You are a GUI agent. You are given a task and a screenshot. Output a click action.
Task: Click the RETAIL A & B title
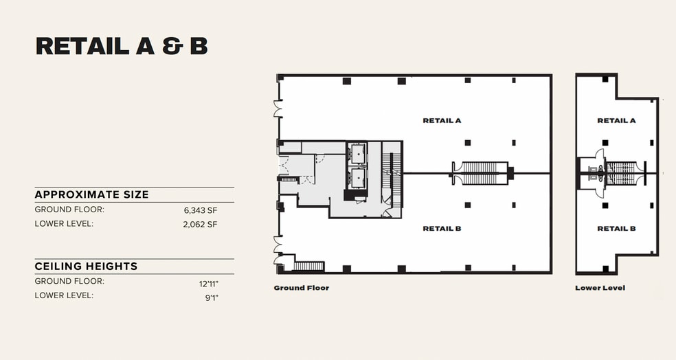point(122,46)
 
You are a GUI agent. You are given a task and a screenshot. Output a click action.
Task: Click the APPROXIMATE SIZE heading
point(91,194)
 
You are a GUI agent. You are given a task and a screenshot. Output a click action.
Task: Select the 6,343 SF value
point(200,210)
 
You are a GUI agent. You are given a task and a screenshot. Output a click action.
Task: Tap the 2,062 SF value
point(200,224)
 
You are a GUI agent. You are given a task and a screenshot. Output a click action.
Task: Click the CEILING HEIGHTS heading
point(86,266)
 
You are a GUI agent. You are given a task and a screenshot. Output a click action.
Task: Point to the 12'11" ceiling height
point(209,282)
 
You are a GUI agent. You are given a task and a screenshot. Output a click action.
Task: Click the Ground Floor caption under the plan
point(301,288)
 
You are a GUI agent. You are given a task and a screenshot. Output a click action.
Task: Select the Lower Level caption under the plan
point(600,288)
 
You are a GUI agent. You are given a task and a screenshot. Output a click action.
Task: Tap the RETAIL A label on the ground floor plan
point(442,120)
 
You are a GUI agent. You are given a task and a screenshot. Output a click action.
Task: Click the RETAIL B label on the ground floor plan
point(442,229)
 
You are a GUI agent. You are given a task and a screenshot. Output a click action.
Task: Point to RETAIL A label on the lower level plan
point(616,120)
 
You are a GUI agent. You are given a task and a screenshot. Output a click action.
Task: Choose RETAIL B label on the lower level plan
point(616,229)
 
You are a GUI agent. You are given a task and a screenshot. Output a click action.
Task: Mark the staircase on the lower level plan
point(622,173)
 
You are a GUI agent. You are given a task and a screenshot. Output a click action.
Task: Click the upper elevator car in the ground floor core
point(357,154)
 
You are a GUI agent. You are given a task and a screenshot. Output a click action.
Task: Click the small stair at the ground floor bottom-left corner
point(308,266)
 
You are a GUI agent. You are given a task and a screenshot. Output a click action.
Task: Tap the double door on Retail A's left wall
point(278,109)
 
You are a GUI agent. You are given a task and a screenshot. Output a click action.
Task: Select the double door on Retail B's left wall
point(278,245)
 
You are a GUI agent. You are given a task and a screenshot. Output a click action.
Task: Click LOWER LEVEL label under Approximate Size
point(64,224)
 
